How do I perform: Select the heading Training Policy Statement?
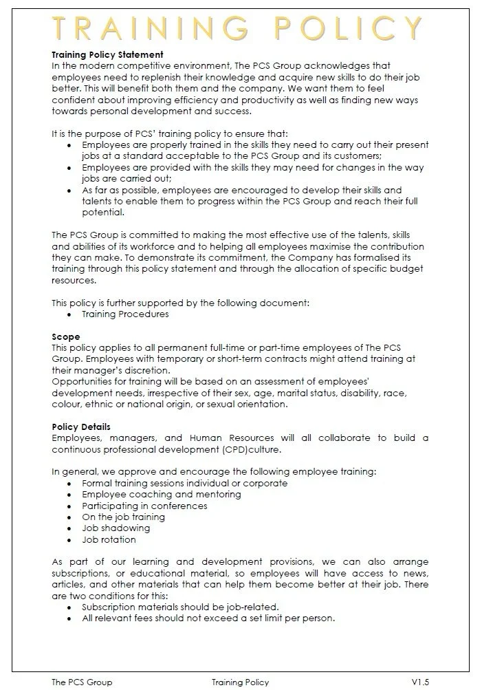(107, 54)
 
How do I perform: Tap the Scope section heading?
(66, 337)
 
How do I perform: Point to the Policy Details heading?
(81, 427)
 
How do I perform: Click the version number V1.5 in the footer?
(420, 682)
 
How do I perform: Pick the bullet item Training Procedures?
(125, 314)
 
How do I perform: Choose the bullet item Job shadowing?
(116, 528)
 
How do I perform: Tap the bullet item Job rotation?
(109, 539)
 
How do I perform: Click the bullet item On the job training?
(123, 517)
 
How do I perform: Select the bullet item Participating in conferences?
(144, 506)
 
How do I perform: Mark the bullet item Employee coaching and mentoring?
(157, 494)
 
